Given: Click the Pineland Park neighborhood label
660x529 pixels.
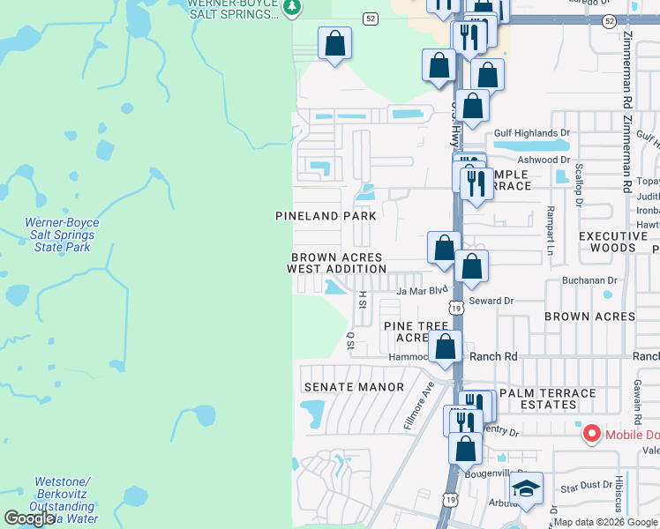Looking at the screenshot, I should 326,216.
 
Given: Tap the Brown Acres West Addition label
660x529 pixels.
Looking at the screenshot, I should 337,264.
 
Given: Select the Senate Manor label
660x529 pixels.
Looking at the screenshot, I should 353,387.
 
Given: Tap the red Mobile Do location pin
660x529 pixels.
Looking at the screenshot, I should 590,434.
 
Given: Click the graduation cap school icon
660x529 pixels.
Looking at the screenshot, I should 527,489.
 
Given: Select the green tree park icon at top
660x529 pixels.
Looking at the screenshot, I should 293,8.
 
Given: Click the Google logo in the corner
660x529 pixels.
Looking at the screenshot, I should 28,518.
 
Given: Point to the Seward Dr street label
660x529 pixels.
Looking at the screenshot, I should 491,301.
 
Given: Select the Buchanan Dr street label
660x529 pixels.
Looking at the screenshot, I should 590,280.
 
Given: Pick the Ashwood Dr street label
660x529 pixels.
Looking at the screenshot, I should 544,160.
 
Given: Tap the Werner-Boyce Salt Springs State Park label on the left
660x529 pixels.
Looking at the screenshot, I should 57,235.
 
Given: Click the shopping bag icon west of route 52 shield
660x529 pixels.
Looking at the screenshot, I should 335,43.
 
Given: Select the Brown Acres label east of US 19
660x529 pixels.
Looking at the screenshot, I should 589,317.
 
